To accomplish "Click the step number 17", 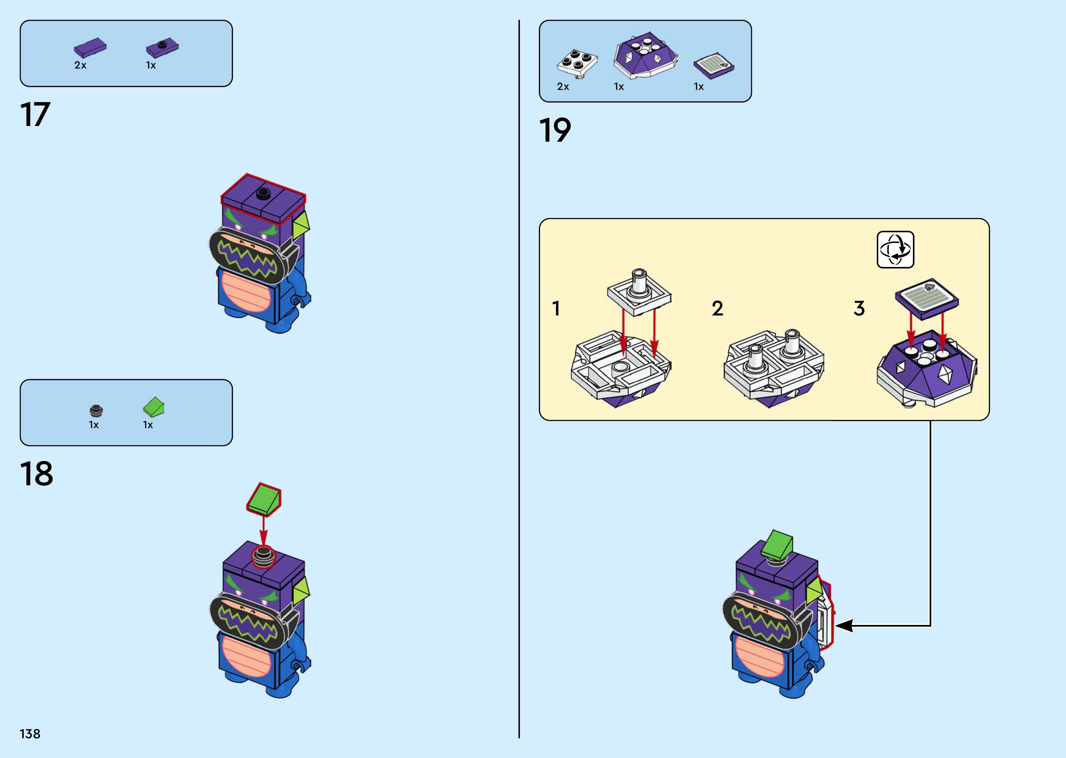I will pyautogui.click(x=35, y=115).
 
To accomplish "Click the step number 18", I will pyautogui.click(x=36, y=474).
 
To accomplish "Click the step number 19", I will pyautogui.click(x=555, y=130).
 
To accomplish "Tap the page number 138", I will pyautogui.click(x=30, y=734).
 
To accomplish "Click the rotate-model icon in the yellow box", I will pyautogui.click(x=895, y=250).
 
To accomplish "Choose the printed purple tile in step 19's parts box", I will pyautogui.click(x=714, y=66).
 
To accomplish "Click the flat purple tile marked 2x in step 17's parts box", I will pyautogui.click(x=90, y=47).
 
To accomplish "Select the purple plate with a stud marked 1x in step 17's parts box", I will pyautogui.click(x=162, y=47).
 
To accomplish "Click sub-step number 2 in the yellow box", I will pyautogui.click(x=717, y=308).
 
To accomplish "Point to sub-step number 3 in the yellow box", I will pyautogui.click(x=859, y=308).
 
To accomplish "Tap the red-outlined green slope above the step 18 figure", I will pyautogui.click(x=264, y=499).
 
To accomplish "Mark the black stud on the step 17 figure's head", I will pyautogui.click(x=263, y=193).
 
